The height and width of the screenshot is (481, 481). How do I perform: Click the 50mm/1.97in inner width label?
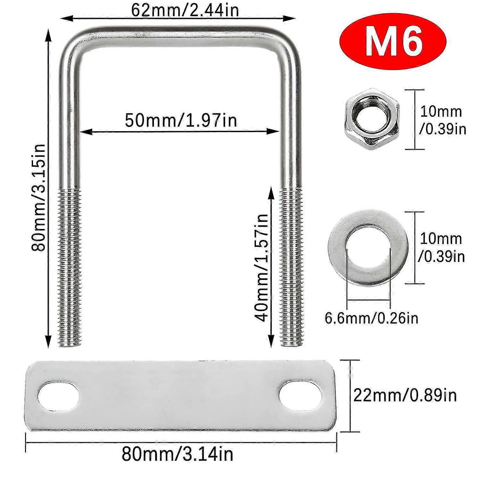(x=181, y=120)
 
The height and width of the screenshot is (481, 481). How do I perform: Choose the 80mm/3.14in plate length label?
(x=177, y=454)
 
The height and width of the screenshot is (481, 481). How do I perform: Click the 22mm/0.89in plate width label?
(x=405, y=395)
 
